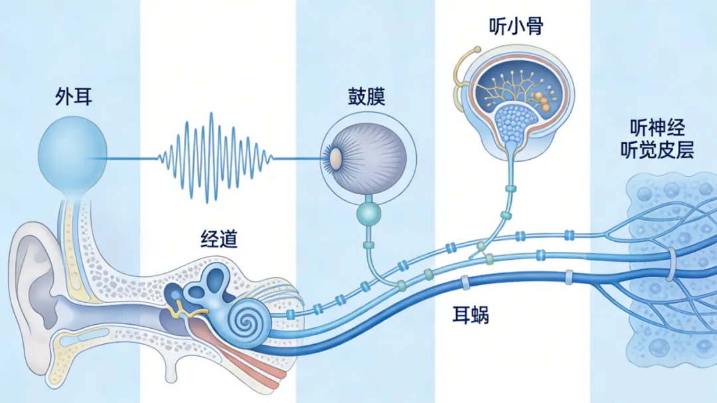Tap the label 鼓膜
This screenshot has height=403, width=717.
click(366, 97)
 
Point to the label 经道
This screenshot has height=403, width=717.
click(219, 239)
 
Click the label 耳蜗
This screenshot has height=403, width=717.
click(472, 315)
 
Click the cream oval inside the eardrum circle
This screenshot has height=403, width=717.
click(336, 158)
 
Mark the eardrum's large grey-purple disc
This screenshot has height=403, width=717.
click(369, 154)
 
